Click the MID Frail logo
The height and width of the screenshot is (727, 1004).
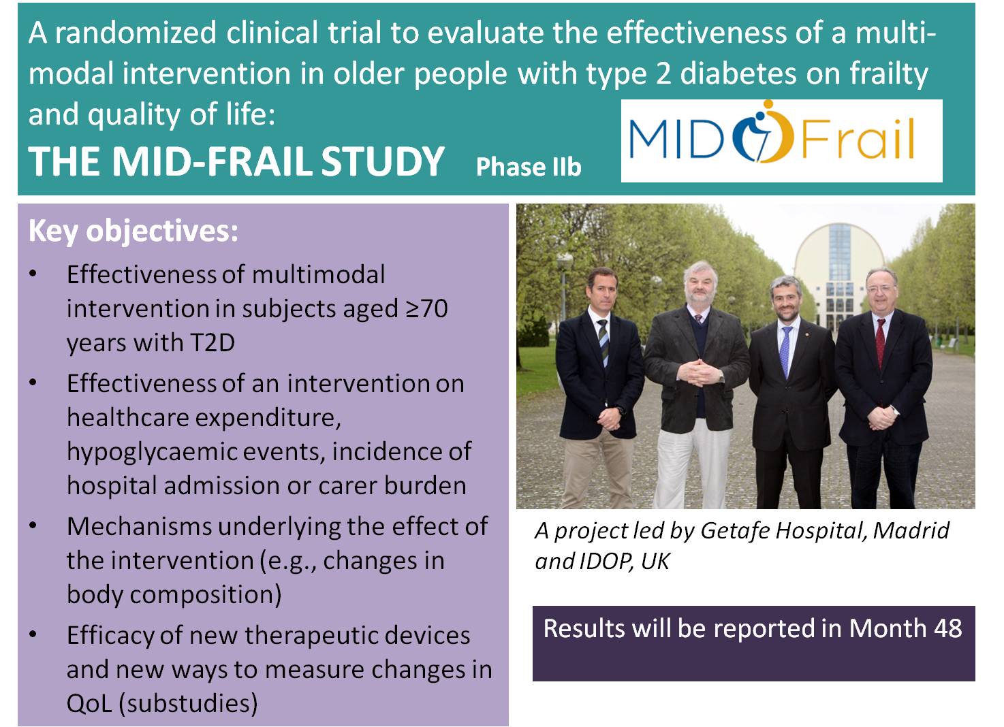772,133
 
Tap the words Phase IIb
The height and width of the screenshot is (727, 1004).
529,167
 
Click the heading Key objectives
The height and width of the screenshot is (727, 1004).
133,231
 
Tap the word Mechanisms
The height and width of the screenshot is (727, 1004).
140,527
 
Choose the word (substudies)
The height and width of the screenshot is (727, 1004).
188,703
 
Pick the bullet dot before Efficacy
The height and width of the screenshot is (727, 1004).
33,634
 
